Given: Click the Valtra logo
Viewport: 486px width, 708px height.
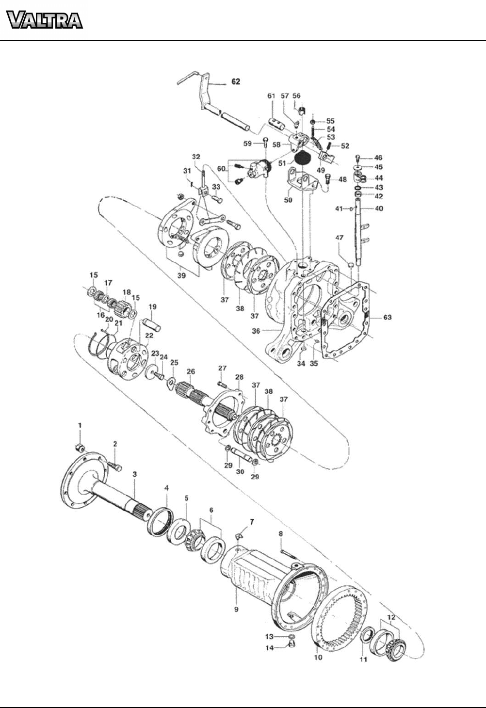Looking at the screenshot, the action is [x=45, y=20].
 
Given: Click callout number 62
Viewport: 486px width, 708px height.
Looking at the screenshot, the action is [x=236, y=81].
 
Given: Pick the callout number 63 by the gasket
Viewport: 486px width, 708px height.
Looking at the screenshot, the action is [x=388, y=317].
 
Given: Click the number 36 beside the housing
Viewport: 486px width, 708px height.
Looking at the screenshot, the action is [x=256, y=331].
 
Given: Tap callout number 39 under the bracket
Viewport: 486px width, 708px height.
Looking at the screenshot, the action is [x=181, y=275].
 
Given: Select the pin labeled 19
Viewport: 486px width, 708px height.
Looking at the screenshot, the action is [x=153, y=324].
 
